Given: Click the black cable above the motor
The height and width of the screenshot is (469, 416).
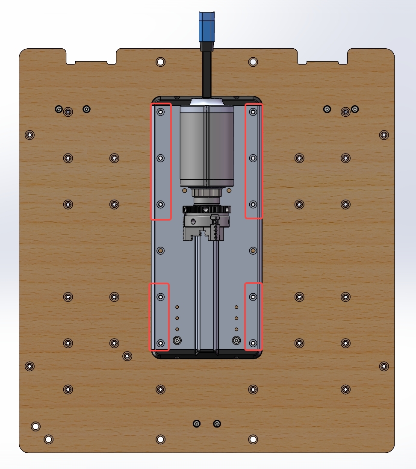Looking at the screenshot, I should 207,73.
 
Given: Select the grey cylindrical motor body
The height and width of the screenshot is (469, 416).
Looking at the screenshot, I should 207,145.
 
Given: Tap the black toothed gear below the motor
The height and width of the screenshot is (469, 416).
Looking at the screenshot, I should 207,209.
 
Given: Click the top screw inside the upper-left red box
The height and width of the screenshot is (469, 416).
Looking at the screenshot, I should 161,112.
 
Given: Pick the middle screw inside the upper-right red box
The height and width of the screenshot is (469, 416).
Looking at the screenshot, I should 253,158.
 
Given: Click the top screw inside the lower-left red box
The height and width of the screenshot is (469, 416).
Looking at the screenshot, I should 161,296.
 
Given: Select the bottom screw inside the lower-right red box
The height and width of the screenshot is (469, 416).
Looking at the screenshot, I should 253,343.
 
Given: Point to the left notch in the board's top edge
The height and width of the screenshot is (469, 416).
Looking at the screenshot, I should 91,57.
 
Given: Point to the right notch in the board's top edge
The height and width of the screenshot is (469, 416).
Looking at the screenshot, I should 323,57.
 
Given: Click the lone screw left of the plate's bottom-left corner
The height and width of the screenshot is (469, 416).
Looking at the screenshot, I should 127,356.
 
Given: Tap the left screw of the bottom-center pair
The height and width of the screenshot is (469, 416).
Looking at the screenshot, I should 197,424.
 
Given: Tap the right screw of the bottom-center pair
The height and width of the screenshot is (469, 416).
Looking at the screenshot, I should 217,424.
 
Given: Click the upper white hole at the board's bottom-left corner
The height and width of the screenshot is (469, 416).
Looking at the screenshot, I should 36,426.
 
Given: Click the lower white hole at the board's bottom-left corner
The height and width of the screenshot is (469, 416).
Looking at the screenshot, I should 49,439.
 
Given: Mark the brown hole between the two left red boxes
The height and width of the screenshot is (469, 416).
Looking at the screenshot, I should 161,251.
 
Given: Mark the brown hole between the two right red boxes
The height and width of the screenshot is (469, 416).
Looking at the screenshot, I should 253,251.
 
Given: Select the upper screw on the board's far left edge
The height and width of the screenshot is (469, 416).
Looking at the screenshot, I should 30,135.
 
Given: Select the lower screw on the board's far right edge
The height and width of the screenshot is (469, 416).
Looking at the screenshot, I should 384,366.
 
